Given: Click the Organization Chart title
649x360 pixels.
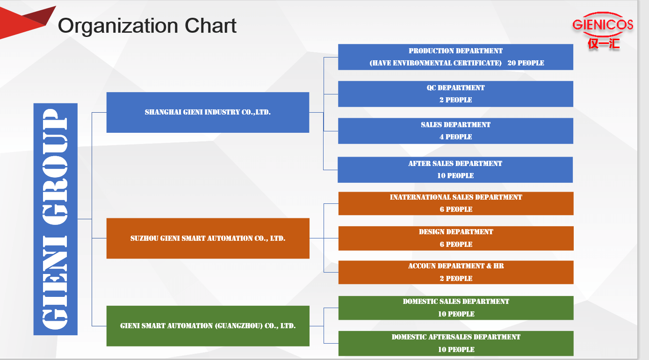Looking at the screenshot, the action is point(147,26).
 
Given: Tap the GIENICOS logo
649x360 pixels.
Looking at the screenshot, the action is point(603,30).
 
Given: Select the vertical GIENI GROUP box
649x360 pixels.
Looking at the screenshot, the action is point(55,219).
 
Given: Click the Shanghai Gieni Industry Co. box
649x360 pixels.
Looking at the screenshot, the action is point(208,112).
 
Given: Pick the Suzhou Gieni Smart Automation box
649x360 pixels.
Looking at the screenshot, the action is point(208,238).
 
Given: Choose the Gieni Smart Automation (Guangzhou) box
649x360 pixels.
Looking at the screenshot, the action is point(208,326).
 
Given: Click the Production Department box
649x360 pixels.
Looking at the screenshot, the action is point(455,57).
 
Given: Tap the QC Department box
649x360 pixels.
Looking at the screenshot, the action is point(455,94).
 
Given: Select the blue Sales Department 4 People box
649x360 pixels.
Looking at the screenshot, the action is point(455,131).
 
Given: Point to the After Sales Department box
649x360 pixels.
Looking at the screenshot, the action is point(455,170).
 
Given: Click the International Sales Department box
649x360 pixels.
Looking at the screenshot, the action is point(456,203).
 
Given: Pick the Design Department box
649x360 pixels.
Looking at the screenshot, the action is point(456,238).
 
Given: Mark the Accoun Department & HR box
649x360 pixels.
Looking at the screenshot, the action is point(456,272).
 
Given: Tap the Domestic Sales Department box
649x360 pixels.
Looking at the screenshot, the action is point(456,308).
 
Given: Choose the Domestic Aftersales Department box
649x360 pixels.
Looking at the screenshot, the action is point(456,344).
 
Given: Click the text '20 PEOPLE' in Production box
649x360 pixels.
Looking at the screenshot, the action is point(526,63).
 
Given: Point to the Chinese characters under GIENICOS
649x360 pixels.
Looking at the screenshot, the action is point(604,44).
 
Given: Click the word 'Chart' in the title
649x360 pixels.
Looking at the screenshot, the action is point(210,26).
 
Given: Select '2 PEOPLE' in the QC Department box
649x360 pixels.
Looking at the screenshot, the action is point(455,100).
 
